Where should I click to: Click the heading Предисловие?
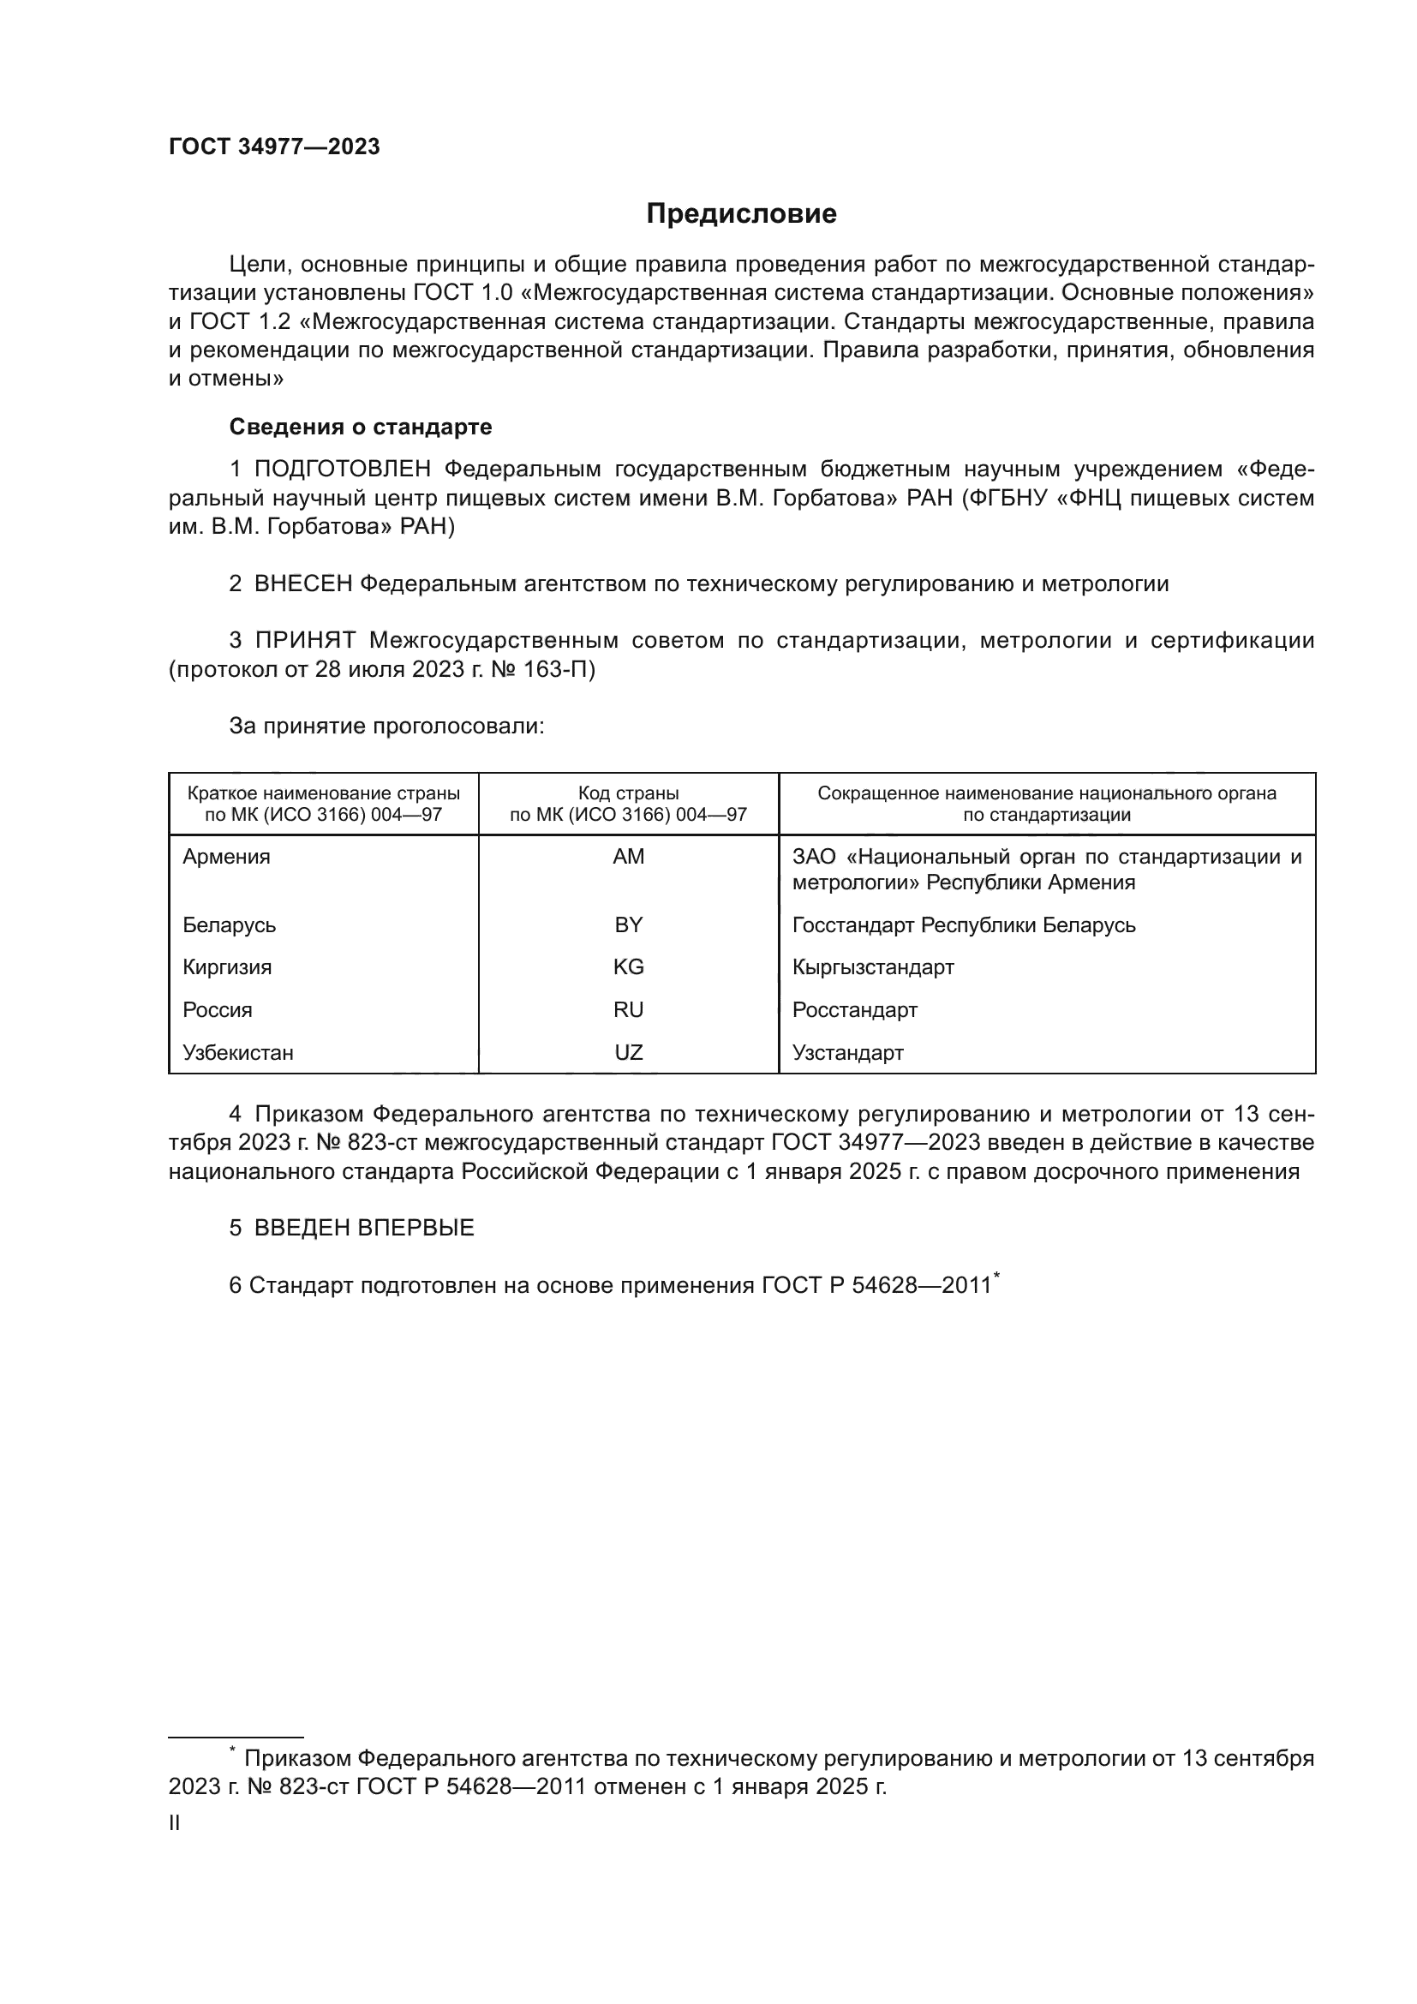click(741, 214)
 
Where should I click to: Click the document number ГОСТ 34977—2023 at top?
click(274, 147)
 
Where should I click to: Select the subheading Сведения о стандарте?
click(361, 427)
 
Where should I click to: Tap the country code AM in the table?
click(628, 856)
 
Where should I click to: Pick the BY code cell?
click(628, 924)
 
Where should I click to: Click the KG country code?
click(628, 967)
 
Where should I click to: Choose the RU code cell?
click(628, 1010)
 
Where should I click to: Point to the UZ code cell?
click(628, 1053)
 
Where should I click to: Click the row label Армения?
click(227, 856)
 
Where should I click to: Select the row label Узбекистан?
click(238, 1053)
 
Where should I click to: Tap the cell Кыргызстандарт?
click(872, 967)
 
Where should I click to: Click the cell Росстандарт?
click(854, 1010)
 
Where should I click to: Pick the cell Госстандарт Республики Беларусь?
click(963, 924)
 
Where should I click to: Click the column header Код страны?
click(628, 793)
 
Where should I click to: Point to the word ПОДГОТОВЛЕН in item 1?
click(342, 470)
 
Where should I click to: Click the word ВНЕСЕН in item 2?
click(302, 584)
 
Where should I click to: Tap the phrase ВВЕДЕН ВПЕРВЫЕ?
click(364, 1228)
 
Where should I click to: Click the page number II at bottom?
click(175, 1823)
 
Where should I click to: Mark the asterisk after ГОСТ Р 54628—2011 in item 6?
click(996, 1277)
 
